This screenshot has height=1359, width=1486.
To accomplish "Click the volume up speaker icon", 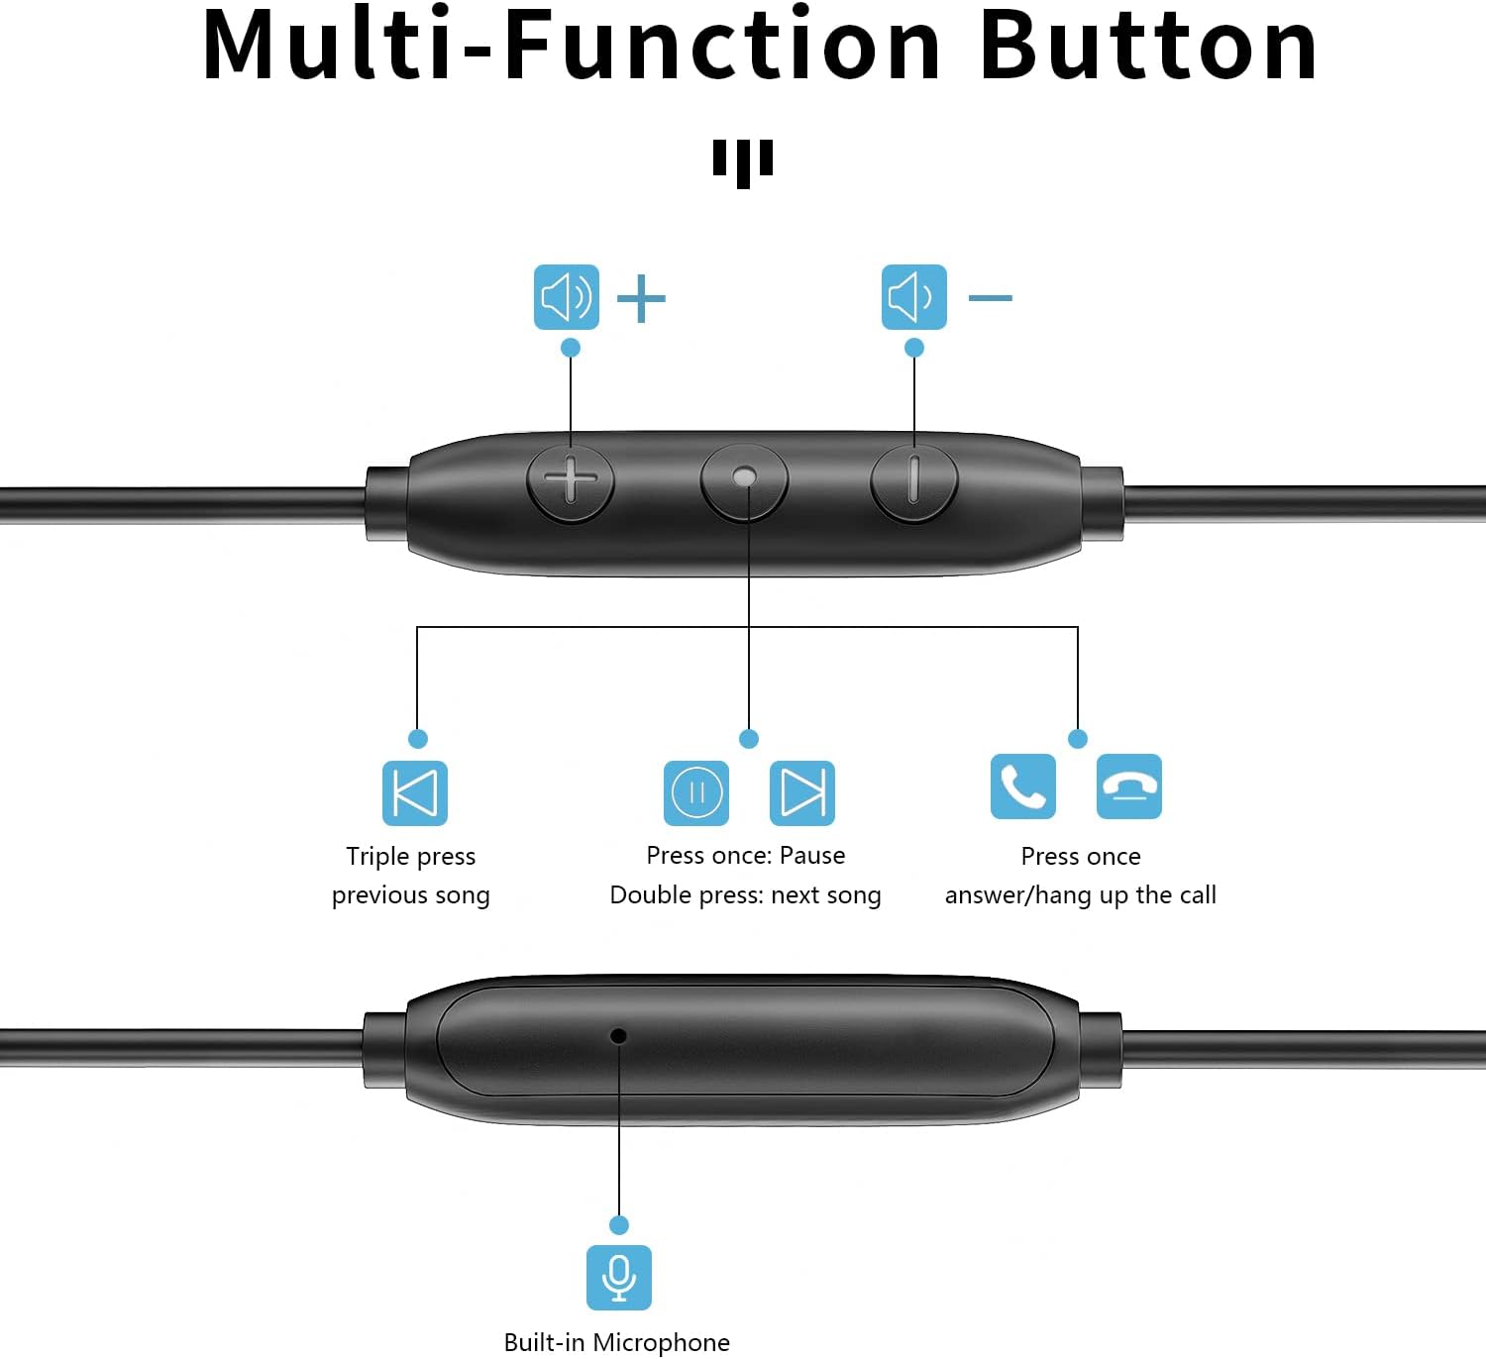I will click(x=566, y=297).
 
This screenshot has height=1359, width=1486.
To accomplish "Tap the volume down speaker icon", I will click(x=913, y=297).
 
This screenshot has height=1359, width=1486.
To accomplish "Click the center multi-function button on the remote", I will click(x=744, y=477).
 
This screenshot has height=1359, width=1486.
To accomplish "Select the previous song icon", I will click(x=414, y=792).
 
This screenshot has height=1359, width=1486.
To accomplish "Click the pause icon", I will click(x=695, y=792).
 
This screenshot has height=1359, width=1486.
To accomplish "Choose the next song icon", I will click(x=801, y=792).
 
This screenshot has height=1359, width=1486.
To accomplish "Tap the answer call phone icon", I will click(x=1022, y=786).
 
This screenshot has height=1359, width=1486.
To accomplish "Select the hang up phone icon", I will click(x=1128, y=786).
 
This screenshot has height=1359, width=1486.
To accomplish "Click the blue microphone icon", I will click(x=618, y=1277).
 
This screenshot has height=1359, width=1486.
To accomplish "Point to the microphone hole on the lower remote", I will click(x=618, y=1036).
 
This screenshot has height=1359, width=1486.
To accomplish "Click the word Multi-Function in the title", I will click(x=572, y=46).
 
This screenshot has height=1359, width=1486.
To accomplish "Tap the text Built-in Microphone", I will click(x=616, y=1342).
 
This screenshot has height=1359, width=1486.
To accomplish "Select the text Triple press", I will click(x=410, y=856).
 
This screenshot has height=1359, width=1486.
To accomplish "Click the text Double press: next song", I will click(x=745, y=895).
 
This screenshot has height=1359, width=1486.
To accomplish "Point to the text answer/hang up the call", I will click(x=1080, y=895).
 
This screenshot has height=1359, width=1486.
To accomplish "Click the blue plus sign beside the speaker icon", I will click(x=641, y=298).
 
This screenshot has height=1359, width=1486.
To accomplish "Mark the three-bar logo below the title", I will click(x=742, y=161).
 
